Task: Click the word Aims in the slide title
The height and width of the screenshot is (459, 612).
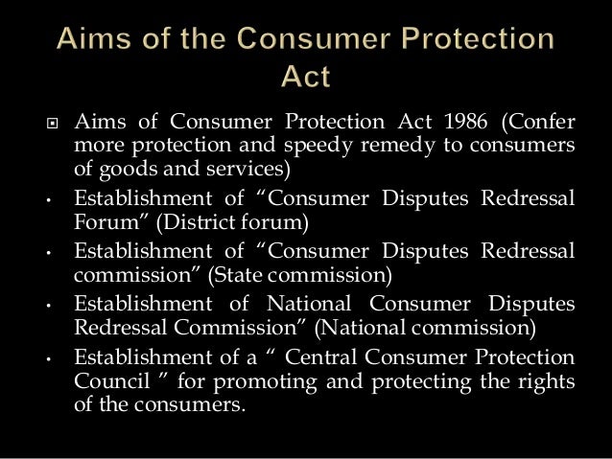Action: coord(94,41)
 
